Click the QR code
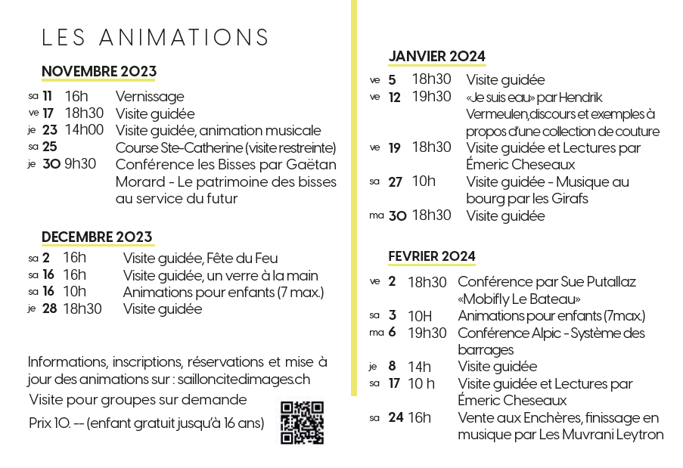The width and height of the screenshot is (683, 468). pos(302,423)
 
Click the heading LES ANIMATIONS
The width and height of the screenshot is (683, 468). pos(156,38)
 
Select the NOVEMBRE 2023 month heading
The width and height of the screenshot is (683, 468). pos(98,72)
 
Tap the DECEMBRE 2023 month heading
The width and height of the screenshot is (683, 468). pos(97,237)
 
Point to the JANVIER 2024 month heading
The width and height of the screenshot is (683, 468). pos(436,56)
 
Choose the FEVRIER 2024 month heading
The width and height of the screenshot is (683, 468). pos(432,256)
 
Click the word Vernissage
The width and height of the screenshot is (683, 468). pos(150,97)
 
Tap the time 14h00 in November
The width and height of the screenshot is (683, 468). pos(84,130)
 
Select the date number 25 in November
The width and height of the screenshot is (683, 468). pos(50,147)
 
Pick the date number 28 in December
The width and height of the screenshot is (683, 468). pos(49,308)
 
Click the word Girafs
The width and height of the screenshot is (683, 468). pos(570,199)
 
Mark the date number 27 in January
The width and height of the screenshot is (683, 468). pos(396,182)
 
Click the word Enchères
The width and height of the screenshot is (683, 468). pos(544,418)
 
